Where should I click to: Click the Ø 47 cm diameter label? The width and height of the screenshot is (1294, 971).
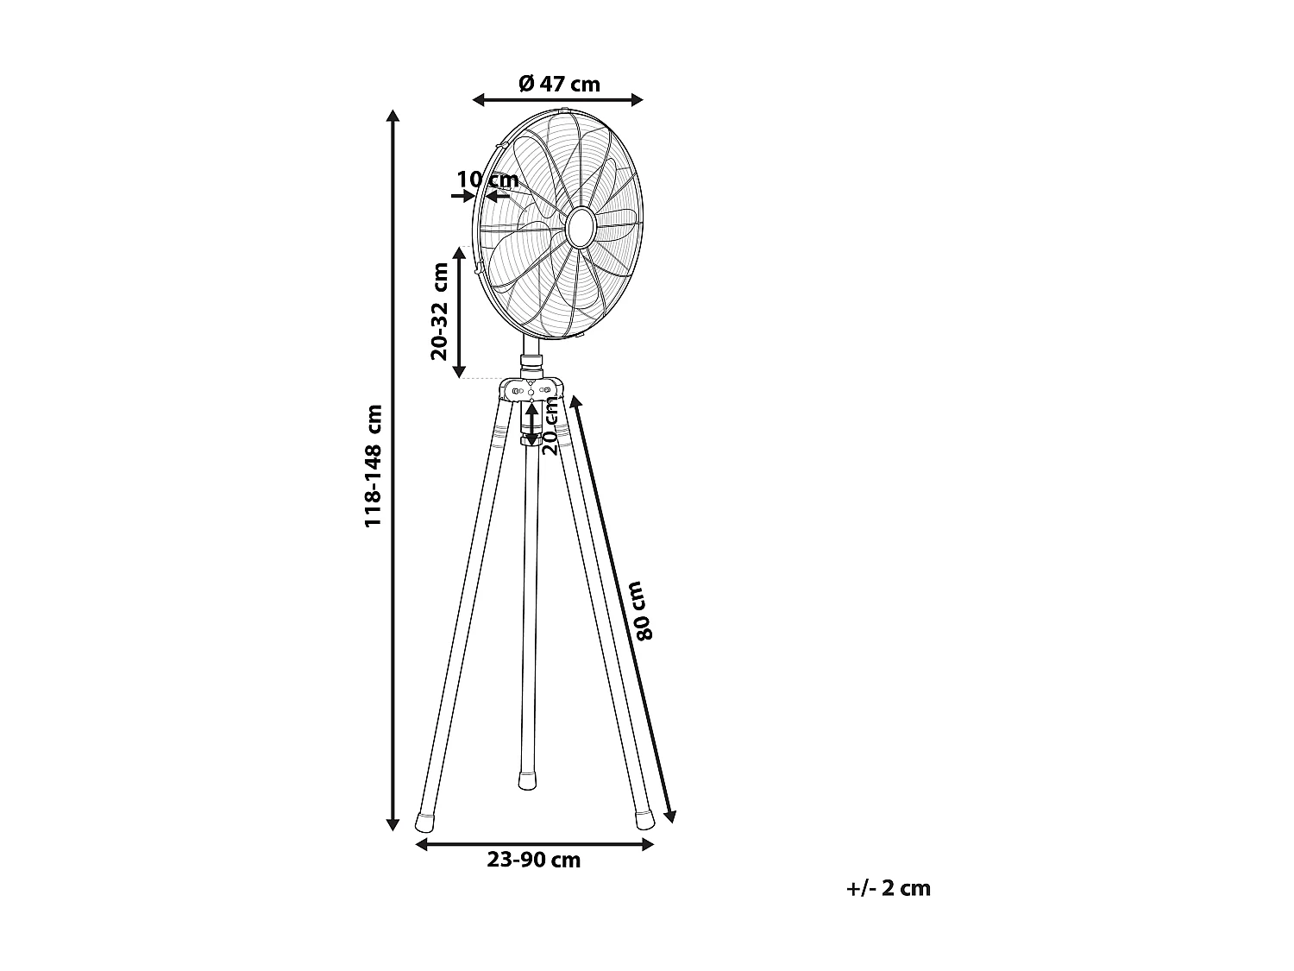click(559, 84)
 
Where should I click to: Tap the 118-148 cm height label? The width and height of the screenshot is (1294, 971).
click(373, 466)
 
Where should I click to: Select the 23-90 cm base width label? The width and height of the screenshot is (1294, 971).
click(533, 861)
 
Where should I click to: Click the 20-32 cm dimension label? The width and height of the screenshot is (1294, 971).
click(440, 311)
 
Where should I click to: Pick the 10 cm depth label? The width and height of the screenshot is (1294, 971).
click(487, 180)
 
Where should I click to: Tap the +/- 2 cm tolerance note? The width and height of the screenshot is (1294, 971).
click(889, 888)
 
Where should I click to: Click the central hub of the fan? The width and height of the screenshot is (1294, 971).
click(579, 226)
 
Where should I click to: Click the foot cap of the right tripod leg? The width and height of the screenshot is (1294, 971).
click(644, 820)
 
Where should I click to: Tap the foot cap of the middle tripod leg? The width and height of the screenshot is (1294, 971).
click(525, 781)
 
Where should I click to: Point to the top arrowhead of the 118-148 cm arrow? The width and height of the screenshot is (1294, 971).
click(393, 116)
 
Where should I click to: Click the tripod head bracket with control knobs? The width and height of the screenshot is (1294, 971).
click(530, 389)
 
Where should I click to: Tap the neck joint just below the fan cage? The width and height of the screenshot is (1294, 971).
click(530, 357)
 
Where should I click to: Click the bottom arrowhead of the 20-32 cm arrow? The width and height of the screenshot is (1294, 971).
click(460, 373)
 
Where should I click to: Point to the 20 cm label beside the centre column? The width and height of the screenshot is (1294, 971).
click(550, 426)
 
